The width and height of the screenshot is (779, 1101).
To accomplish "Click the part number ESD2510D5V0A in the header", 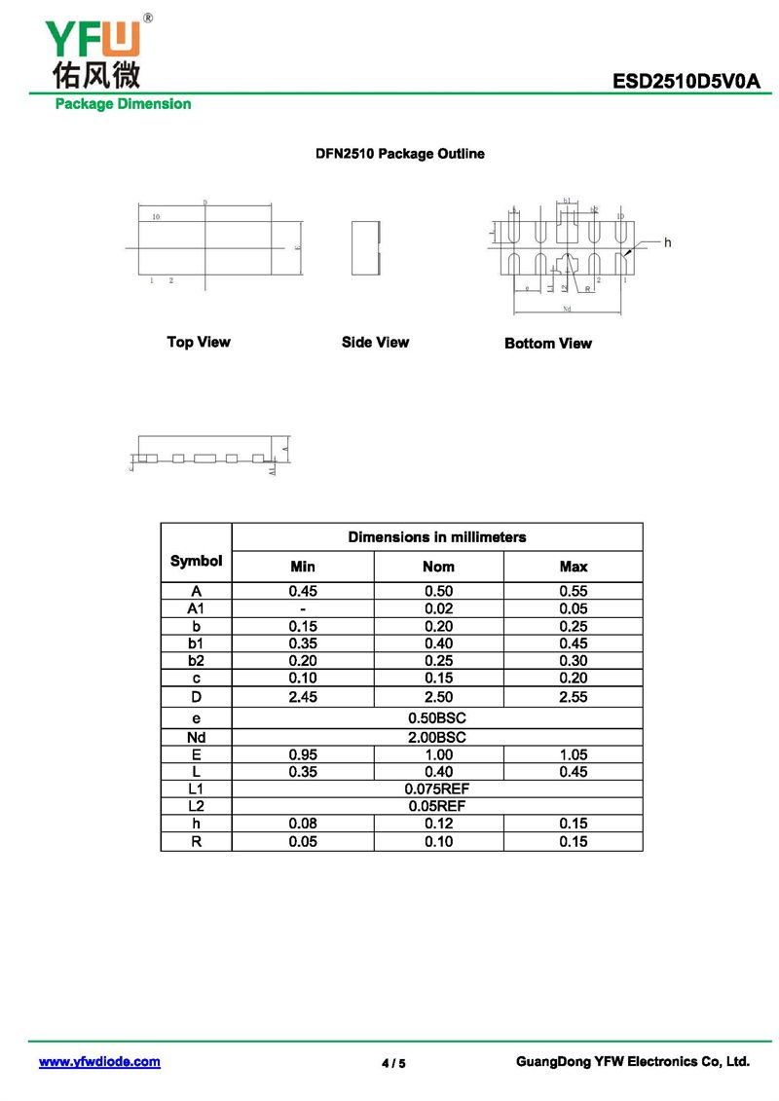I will tap(686, 82).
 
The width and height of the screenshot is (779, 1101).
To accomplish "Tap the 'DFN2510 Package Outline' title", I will tap(399, 154).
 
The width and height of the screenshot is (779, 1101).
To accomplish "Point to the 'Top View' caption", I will tap(199, 342).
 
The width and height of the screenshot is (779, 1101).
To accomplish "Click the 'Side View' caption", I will tap(375, 342).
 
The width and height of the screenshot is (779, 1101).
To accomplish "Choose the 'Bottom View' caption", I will tap(548, 343).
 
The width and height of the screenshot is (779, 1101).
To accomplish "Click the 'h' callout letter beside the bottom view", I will tap(668, 241).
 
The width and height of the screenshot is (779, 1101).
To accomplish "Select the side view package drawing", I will tap(364, 247).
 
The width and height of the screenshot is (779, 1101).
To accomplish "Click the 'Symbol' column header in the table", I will tap(196, 561).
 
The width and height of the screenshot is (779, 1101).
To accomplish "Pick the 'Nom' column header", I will tap(438, 567).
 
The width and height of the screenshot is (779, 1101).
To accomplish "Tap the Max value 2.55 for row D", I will tap(574, 697).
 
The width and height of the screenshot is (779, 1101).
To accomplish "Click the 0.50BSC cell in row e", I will tap(437, 718).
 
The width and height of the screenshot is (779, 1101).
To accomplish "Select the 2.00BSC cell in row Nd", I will tap(437, 737).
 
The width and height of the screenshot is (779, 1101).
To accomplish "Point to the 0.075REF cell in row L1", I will tap(437, 789).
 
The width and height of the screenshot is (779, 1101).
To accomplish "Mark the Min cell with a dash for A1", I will tap(303, 608).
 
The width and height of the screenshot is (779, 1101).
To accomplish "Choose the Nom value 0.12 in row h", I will tap(438, 824).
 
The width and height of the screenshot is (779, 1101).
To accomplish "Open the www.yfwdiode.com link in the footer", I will tap(99, 1062).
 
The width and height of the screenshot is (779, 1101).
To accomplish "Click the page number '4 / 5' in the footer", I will tap(393, 1063).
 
